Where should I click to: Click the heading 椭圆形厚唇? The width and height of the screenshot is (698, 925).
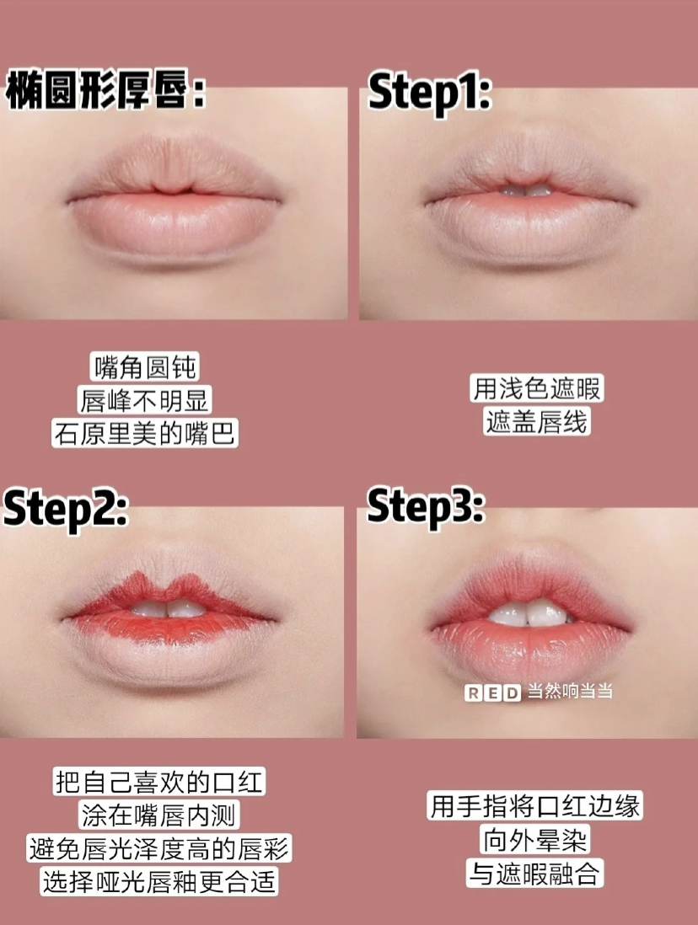pyautogui.click(x=105, y=90)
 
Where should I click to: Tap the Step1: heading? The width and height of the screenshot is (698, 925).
pyautogui.click(x=429, y=93)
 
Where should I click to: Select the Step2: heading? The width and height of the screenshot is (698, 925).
pyautogui.click(x=66, y=509)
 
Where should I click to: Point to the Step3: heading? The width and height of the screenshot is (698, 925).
pyautogui.click(x=426, y=507)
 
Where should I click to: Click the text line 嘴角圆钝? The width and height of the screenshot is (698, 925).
pyautogui.click(x=145, y=367)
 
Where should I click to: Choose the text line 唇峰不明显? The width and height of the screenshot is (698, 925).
pyautogui.click(x=145, y=400)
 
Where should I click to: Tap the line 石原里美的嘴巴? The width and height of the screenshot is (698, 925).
pyautogui.click(x=145, y=433)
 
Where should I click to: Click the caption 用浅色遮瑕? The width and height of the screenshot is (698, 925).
pyautogui.click(x=537, y=388)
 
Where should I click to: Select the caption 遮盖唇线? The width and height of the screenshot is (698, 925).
pyautogui.click(x=537, y=422)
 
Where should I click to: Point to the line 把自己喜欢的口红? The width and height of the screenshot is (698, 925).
pyautogui.click(x=158, y=782)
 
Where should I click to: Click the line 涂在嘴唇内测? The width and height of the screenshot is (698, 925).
pyautogui.click(x=158, y=815)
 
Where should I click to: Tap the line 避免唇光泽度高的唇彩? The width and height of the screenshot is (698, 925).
pyautogui.click(x=158, y=848)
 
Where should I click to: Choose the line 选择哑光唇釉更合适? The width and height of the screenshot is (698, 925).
pyautogui.click(x=158, y=881)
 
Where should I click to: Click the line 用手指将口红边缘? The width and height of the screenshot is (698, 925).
pyautogui.click(x=534, y=806)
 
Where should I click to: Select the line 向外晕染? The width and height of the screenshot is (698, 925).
pyautogui.click(x=534, y=839)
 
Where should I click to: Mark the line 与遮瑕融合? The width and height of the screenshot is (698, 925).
pyautogui.click(x=534, y=873)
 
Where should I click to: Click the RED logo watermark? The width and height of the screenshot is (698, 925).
pyautogui.click(x=492, y=692)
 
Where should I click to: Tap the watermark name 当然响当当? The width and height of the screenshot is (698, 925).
pyautogui.click(x=570, y=692)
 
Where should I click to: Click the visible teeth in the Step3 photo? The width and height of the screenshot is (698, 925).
pyautogui.click(x=529, y=613)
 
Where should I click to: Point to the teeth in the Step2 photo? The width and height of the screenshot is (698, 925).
pyautogui.click(x=168, y=608)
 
